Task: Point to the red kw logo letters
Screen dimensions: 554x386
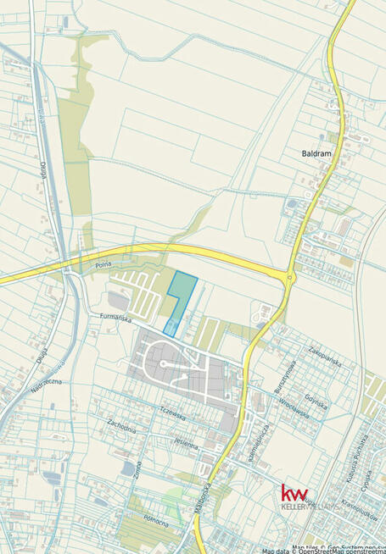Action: point(294,492)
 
